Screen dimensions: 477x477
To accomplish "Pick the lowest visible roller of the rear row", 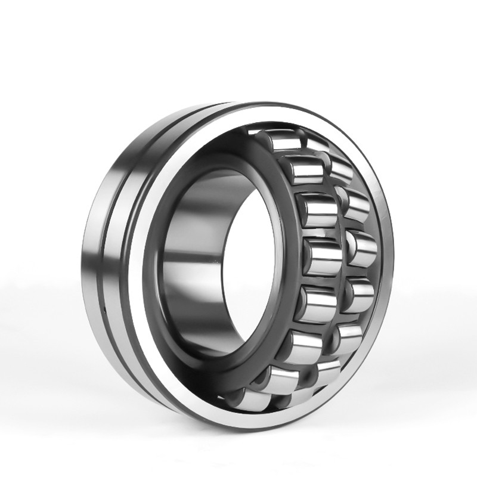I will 325,373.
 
